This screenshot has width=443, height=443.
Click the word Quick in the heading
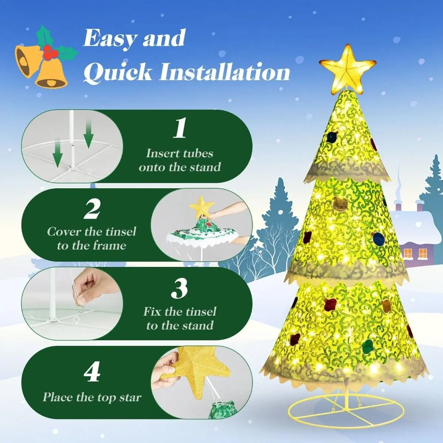118,73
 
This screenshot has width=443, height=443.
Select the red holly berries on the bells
50,52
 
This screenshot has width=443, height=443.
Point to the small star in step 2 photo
201,207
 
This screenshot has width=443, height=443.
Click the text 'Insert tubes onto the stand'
179,160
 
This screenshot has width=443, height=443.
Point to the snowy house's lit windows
415,253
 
